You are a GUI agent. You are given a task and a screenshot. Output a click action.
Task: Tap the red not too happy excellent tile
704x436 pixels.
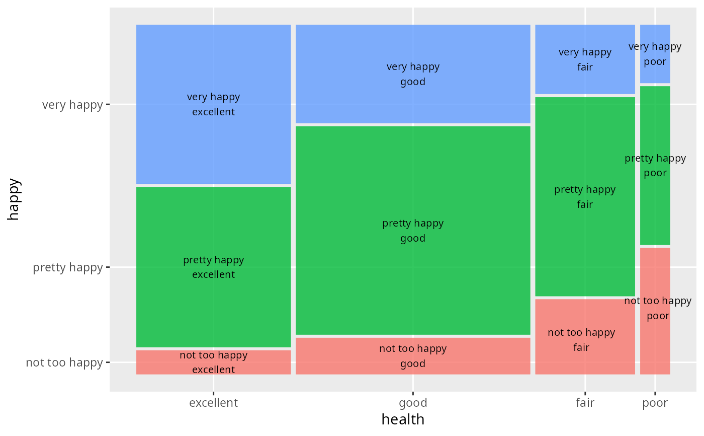[x=213, y=362]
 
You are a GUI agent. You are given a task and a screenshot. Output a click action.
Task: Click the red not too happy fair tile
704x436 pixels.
[x=585, y=336]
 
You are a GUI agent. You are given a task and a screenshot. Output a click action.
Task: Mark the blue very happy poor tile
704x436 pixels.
[x=655, y=54]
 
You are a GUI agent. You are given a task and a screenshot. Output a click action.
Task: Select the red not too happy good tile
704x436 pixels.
[x=413, y=355]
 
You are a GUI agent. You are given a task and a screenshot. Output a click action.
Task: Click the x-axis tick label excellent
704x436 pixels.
[x=213, y=403]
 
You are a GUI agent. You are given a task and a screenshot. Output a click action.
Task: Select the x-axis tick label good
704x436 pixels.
[x=413, y=403]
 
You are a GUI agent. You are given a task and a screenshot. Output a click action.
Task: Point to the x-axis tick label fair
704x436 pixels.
[x=585, y=403]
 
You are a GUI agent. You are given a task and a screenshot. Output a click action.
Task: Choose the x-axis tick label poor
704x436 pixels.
[x=655, y=403]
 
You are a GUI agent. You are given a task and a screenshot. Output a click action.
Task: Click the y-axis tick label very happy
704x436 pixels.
[x=72, y=105]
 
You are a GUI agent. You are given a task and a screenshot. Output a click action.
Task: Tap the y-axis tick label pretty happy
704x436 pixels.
[x=68, y=267]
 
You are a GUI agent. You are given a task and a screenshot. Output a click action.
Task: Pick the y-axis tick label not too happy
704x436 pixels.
[x=64, y=362]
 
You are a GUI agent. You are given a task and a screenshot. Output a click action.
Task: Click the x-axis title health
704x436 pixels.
[x=403, y=419]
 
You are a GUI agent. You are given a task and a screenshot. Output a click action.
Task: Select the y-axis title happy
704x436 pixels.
[x=14, y=199]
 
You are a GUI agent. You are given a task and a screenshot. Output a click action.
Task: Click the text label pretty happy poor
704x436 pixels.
[x=655, y=166]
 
